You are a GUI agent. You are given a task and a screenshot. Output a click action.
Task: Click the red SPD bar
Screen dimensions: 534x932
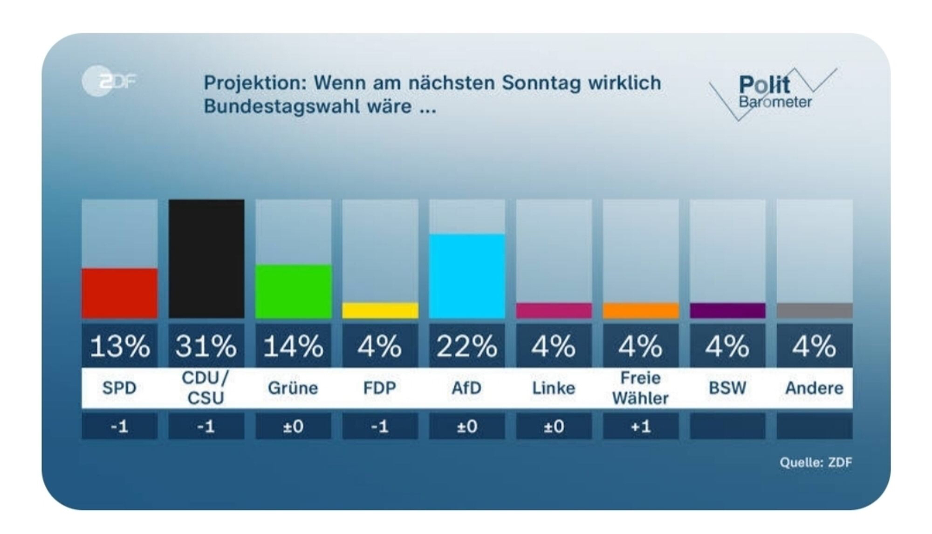pos(119,293)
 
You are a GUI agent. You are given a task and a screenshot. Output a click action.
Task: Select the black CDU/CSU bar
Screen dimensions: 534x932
pos(206,259)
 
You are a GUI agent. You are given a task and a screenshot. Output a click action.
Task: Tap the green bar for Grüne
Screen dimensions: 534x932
pos(293,291)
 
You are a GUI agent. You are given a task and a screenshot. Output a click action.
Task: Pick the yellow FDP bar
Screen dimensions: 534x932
pos(380,310)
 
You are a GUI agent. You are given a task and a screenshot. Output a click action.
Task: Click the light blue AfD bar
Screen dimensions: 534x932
pos(467,276)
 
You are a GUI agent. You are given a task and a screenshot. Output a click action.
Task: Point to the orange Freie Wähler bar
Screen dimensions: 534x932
pos(640,310)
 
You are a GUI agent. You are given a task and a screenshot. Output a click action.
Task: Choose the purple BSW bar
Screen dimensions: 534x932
pos(727,310)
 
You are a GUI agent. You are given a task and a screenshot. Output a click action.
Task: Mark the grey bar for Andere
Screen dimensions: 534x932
pos(814,310)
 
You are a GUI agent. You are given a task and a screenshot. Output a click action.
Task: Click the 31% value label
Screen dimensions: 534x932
pos(206,346)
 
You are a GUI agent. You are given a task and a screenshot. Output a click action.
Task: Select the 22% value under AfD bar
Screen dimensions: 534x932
pos(467,346)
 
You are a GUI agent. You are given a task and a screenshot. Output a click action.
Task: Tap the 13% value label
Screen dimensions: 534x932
pos(119,346)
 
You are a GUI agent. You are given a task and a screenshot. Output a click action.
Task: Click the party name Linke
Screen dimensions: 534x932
pos(554,388)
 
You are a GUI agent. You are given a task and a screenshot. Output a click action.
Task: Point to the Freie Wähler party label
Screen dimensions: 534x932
pos(640,388)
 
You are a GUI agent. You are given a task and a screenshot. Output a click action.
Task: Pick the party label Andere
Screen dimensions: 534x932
pos(814,388)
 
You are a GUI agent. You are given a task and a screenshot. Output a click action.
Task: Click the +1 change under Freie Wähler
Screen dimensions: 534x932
pos(640,426)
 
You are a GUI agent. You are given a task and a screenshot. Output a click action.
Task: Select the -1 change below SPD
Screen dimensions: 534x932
pos(119,426)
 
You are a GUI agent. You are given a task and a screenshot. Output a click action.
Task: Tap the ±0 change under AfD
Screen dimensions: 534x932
pos(467,426)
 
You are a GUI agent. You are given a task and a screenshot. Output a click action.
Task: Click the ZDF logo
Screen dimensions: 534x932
pos(109,82)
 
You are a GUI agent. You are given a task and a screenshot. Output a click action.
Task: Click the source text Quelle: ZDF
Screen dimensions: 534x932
pos(815,462)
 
